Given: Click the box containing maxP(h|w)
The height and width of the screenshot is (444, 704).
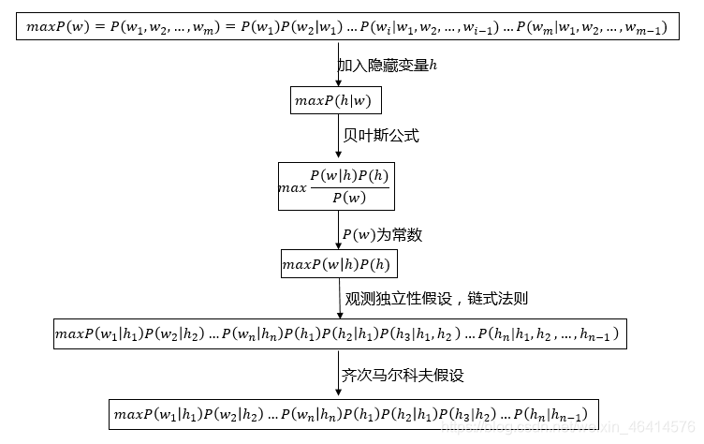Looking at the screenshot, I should tap(338, 99).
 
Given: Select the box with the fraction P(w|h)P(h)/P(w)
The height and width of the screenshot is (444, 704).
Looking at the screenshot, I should tap(334, 185).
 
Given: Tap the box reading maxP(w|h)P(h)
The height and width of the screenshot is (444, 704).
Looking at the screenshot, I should tap(339, 264).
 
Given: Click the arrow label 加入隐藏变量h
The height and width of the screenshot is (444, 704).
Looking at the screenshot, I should tap(388, 66).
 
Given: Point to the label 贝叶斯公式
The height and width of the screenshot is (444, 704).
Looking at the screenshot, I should tap(381, 136).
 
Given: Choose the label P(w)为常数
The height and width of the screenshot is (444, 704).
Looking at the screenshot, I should tap(382, 234).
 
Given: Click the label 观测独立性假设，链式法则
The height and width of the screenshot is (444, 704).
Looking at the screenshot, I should tap(435, 300).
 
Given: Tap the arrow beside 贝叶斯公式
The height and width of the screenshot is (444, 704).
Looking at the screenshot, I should tap(338, 137).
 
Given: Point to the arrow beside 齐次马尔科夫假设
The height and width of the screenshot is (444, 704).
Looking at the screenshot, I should tap(338, 375).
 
